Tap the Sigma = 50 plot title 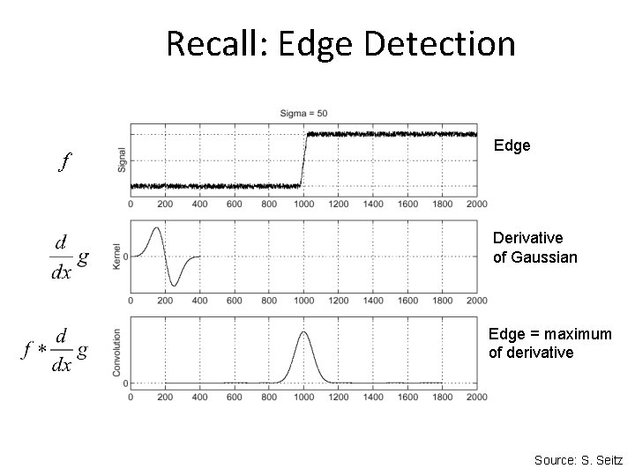coord(304,114)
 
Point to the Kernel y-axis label coord(117,257)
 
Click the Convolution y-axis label coord(117,353)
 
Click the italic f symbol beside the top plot coord(64,162)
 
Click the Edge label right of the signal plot coord(512,145)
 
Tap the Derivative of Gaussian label coord(534,248)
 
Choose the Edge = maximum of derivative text coord(549,343)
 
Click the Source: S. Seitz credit coord(578,459)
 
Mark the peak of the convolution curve coord(303,331)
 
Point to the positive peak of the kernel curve coord(157,228)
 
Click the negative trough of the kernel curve coord(174,286)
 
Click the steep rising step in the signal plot coord(303,160)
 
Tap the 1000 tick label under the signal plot coord(303,204)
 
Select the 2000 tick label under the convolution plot coord(476,397)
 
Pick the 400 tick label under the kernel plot coord(200,300)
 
